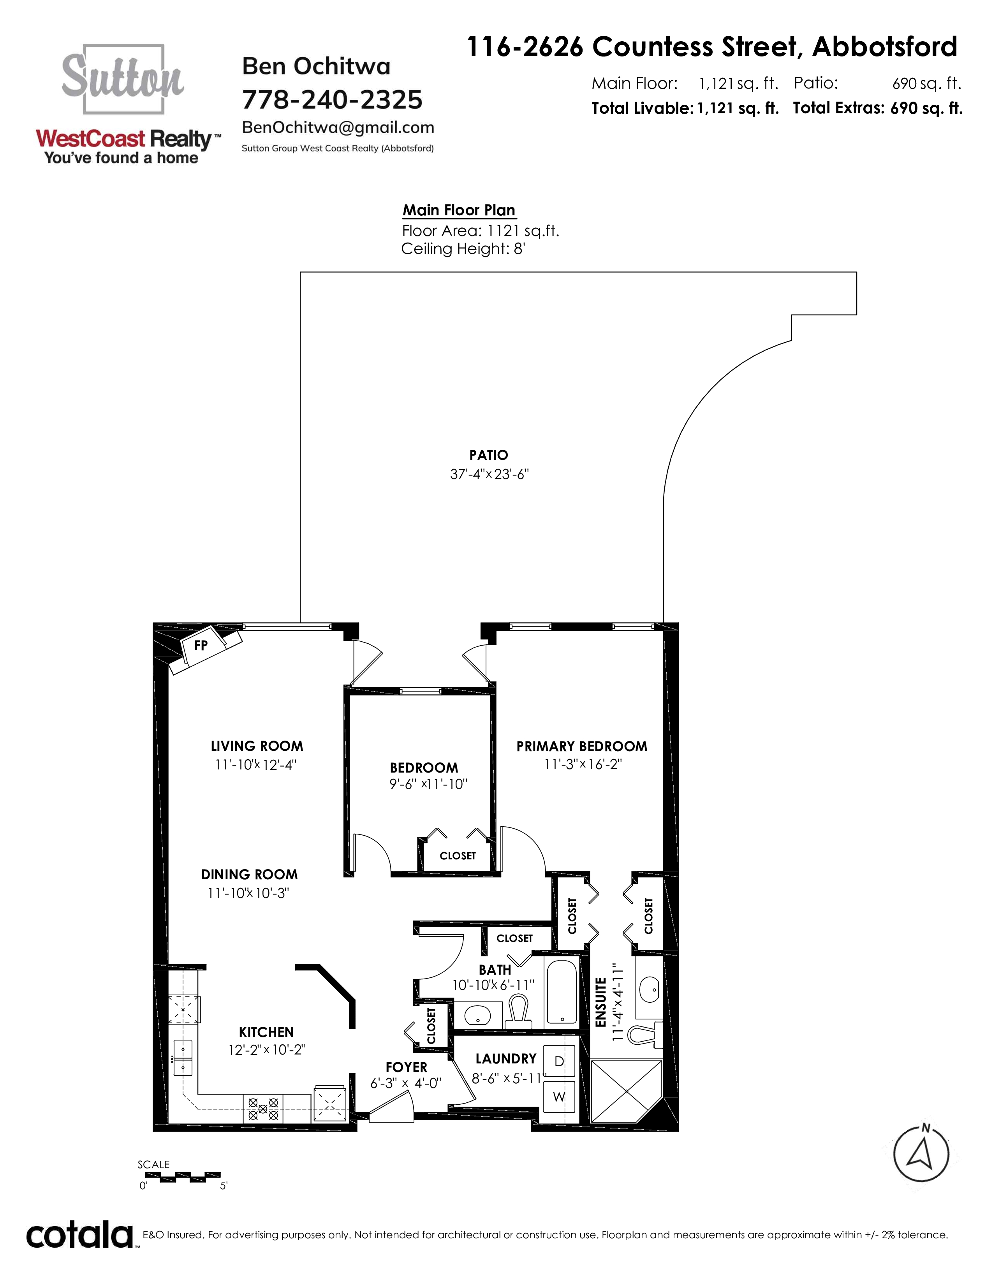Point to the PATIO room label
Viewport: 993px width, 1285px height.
pyautogui.click(x=488, y=455)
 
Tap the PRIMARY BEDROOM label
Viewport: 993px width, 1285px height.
pyautogui.click(x=582, y=746)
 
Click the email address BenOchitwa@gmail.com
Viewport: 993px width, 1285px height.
pyautogui.click(x=338, y=127)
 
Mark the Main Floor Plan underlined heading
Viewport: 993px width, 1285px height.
pyautogui.click(x=459, y=210)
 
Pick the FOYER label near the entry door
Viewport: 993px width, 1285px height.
pyautogui.click(x=407, y=1067)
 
